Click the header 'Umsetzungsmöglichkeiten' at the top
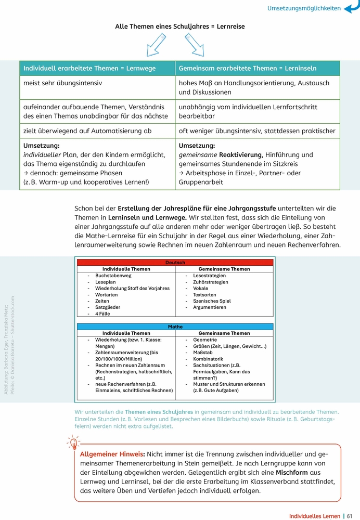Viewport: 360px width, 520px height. [x=304, y=8]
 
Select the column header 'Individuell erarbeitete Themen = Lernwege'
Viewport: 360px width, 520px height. [x=89, y=68]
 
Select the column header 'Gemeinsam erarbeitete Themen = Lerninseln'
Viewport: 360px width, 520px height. [x=247, y=68]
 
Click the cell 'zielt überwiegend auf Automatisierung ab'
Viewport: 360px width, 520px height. [x=88, y=131]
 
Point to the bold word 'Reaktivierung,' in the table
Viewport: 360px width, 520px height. [x=241, y=155]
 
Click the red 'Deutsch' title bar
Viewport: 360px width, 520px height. [x=175, y=263]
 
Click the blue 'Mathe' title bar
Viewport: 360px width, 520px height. [x=175, y=327]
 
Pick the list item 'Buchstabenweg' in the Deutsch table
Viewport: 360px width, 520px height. [x=113, y=276]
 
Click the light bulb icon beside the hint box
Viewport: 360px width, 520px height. [x=73, y=444]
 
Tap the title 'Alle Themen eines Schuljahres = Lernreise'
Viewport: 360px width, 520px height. [x=179, y=26]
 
